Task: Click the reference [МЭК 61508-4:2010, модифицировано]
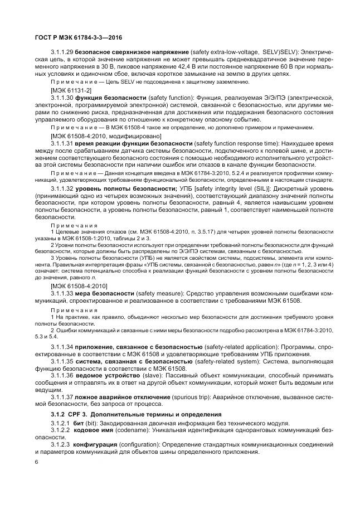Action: pos(98,135)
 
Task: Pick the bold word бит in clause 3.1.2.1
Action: pos(79,424)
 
